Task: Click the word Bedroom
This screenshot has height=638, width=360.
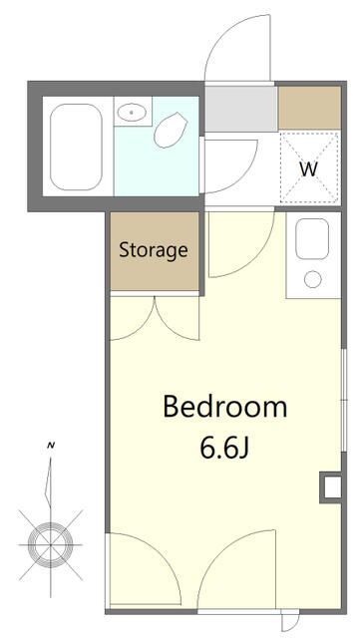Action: tap(224, 406)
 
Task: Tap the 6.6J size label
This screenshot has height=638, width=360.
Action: tap(224, 448)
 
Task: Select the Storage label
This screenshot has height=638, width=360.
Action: tap(154, 250)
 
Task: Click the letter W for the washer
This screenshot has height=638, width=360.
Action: tap(308, 169)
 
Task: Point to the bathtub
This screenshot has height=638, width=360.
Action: tap(76, 147)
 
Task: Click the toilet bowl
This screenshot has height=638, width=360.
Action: tap(170, 130)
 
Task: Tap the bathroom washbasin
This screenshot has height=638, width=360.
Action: tap(131, 111)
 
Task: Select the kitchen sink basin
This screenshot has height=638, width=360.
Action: tap(312, 239)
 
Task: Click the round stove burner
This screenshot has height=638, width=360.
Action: tap(313, 279)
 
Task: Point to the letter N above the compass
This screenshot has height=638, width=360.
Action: tap(51, 446)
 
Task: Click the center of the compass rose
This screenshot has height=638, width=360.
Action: tap(51, 544)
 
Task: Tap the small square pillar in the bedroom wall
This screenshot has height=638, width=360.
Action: tap(331, 487)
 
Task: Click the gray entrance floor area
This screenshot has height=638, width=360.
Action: tap(241, 109)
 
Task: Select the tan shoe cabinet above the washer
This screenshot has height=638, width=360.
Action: tap(310, 108)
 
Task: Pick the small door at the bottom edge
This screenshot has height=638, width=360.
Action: tap(291, 620)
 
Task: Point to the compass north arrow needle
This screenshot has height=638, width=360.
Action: tap(49, 482)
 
